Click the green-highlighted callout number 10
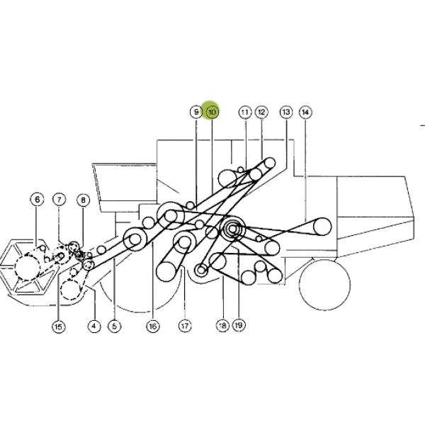(212, 112)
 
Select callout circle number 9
(196, 112)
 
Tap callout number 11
(245, 112)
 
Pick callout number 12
(261, 112)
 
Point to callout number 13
(286, 112)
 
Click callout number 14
(305, 112)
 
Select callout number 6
(37, 200)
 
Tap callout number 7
(59, 200)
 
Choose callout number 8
(83, 200)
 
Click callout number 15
(59, 327)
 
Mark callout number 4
(94, 326)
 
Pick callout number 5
(114, 326)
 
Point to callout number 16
(153, 326)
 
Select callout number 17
(185, 326)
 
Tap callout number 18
(222, 325)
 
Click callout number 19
(239, 325)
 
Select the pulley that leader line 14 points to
(322, 227)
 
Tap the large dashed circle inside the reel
(28, 268)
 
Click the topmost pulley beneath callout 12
(270, 163)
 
